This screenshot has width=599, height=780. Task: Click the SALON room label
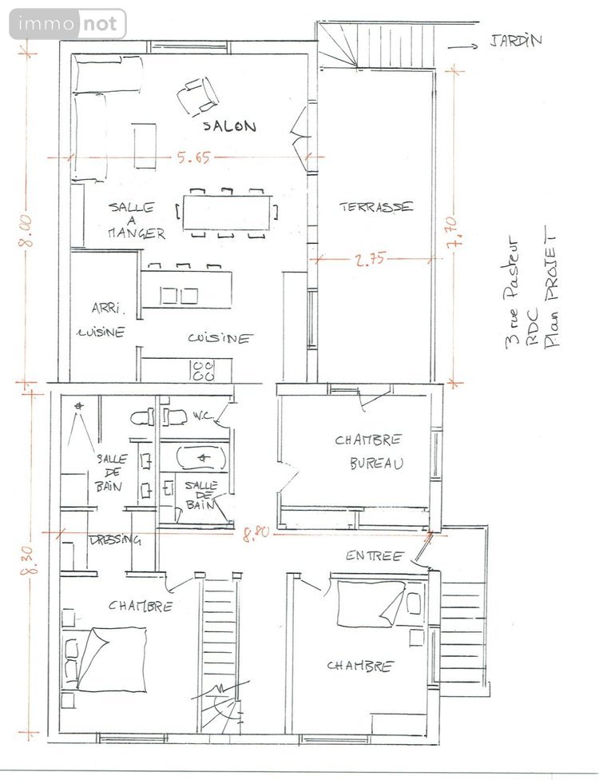[228, 126]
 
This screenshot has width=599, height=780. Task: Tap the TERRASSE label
[376, 206]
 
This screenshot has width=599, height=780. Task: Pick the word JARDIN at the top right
[512, 40]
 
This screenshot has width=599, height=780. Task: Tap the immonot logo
[68, 24]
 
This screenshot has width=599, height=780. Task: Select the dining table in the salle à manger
[226, 213]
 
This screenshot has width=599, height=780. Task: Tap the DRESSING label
[116, 539]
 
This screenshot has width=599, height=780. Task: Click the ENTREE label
[374, 555]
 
